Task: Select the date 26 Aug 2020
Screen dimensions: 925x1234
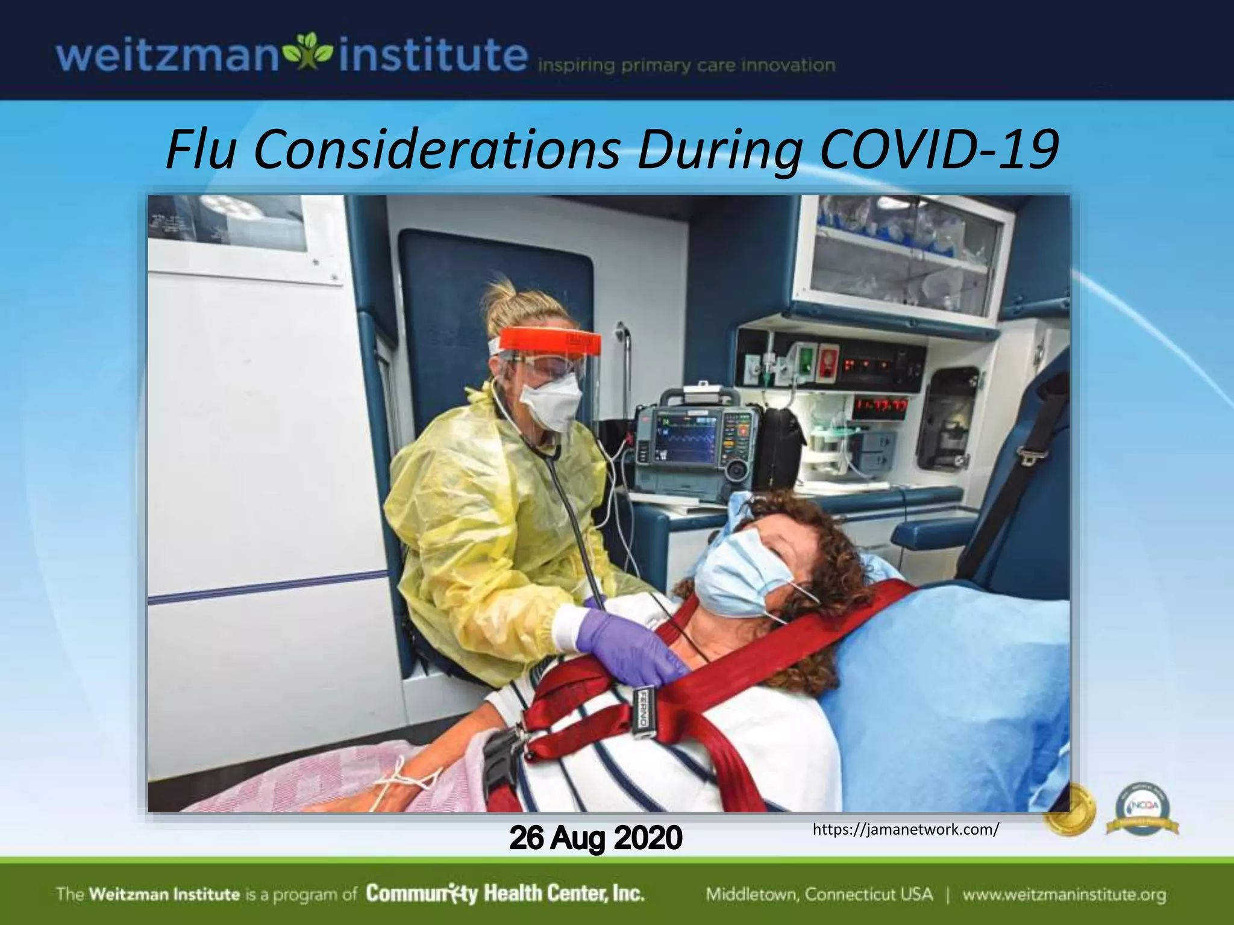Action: point(595,838)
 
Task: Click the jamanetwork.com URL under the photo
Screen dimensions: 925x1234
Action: point(906,830)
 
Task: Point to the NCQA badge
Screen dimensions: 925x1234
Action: point(1142,810)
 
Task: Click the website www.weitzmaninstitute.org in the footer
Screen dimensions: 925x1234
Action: point(1063,894)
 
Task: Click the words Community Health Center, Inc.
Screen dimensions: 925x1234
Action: point(505,893)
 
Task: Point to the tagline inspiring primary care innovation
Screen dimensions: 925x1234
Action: point(686,66)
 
